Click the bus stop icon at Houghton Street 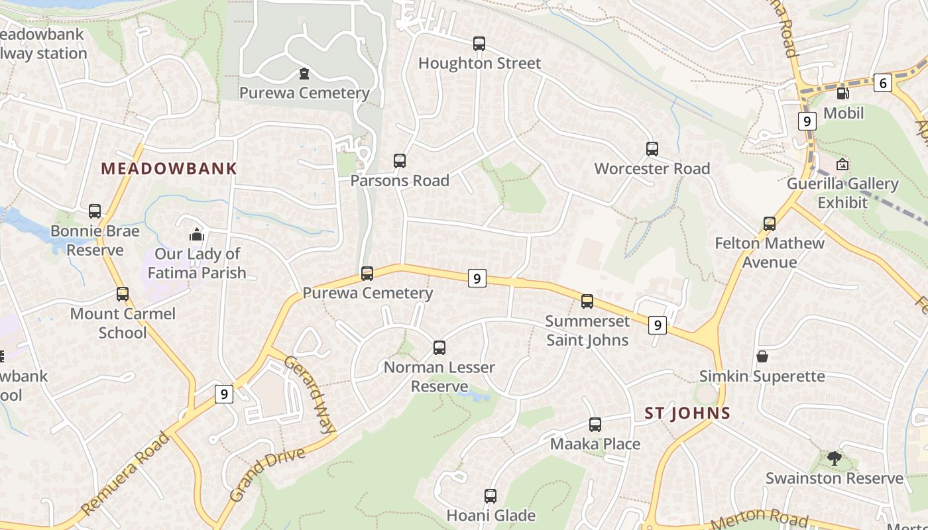(479, 44)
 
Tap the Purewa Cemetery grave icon (304, 73)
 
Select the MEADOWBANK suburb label (169, 168)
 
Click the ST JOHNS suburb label (687, 413)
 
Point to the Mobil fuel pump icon (842, 94)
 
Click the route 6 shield (882, 83)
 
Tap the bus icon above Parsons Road (400, 160)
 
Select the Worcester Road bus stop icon (652, 149)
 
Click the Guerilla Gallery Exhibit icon (842, 164)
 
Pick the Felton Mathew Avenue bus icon (770, 224)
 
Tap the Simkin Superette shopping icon (762, 356)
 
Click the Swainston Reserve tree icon (834, 458)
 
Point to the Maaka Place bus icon (595, 425)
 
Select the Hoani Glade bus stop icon (491, 496)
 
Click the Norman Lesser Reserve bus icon (439, 347)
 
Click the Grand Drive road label (268, 474)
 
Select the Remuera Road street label (125, 474)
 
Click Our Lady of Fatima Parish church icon (197, 235)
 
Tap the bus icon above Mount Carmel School (123, 294)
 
